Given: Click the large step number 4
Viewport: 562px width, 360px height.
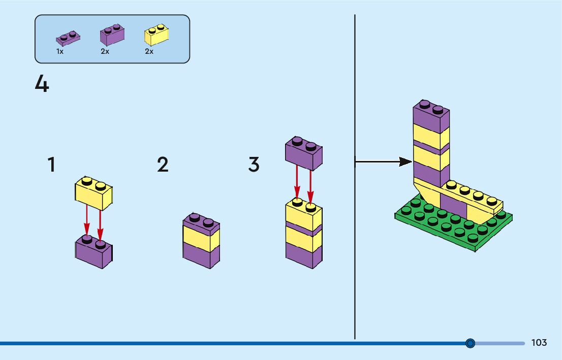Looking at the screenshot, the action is tap(42, 84).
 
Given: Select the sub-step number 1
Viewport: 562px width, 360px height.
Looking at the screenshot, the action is tap(52, 165).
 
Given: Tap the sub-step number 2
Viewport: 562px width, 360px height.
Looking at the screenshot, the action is tap(163, 165).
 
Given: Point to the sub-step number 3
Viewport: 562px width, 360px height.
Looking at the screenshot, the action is tap(254, 165).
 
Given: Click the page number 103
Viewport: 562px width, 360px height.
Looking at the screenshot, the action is tap(539, 343).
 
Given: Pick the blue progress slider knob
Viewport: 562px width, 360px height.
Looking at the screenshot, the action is tap(470, 343).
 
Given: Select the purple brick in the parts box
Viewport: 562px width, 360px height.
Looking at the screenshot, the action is tap(112, 35).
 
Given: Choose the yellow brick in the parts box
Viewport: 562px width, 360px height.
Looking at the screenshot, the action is tap(157, 35).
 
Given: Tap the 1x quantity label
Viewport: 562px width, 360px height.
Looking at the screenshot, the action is tap(60, 52).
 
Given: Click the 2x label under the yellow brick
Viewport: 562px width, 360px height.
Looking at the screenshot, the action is tap(149, 52).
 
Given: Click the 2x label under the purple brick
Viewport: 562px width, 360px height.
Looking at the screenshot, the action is tap(105, 52).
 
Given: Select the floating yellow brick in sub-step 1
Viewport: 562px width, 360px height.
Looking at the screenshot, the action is tap(94, 193).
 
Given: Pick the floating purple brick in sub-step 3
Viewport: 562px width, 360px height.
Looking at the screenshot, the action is tap(304, 153).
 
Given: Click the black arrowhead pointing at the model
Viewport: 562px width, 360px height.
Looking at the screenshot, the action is tap(405, 162).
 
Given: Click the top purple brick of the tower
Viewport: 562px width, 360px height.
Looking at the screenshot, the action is tap(431, 116).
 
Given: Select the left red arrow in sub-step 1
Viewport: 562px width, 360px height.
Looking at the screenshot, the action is tap(86, 220).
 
